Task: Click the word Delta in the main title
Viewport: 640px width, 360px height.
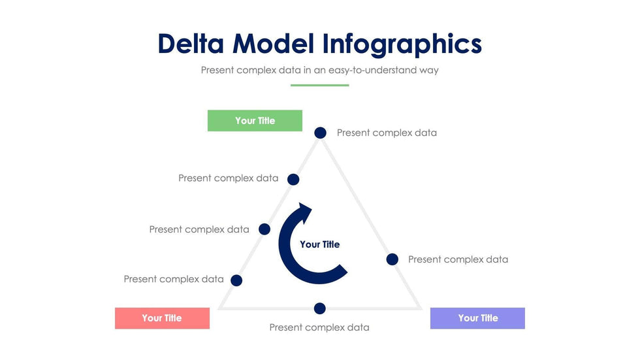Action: coord(191,44)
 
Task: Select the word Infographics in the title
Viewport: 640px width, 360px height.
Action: coord(402,44)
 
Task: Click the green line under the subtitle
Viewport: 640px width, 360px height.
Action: coord(319,85)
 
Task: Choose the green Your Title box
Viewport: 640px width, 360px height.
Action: coord(255,121)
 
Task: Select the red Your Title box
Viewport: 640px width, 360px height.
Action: coord(162,318)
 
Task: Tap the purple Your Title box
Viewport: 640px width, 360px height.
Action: coord(477,318)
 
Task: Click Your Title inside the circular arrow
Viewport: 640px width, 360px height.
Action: coord(319,244)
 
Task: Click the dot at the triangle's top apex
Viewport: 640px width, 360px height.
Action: coord(320,133)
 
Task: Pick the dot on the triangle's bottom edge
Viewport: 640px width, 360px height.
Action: coord(319,308)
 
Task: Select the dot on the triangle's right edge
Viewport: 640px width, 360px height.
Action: coord(392,259)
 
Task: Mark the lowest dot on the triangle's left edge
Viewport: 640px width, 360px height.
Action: coord(236,280)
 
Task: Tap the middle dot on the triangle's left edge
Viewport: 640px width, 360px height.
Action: coord(264,229)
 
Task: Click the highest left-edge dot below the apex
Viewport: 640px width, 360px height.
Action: coord(293,179)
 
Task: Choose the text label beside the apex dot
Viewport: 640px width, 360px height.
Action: coord(387,133)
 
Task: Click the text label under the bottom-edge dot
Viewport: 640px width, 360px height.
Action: coord(319,327)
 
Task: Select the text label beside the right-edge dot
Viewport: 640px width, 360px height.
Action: coord(458,259)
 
